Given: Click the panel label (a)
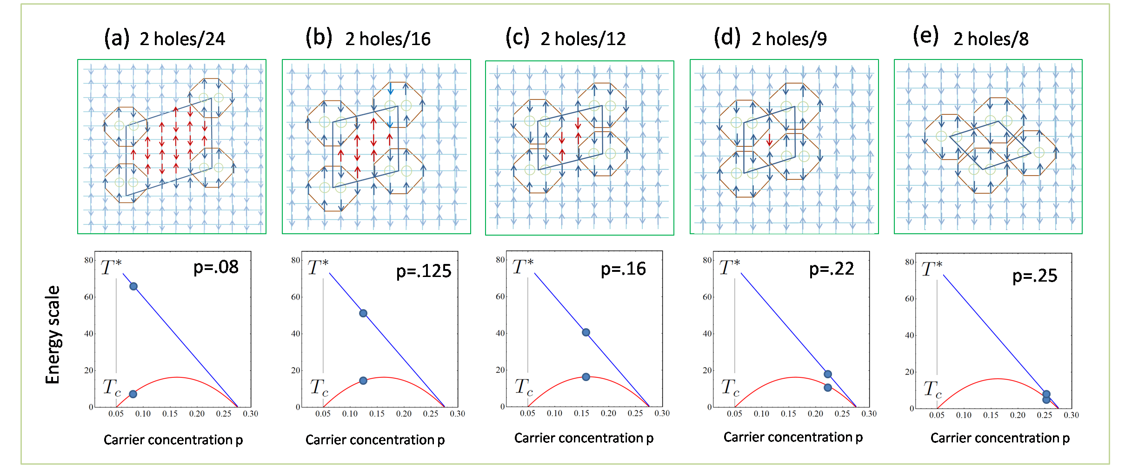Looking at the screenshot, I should (x=116, y=38).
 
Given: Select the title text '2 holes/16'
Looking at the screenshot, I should (x=387, y=39).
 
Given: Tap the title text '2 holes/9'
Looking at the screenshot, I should (x=789, y=39).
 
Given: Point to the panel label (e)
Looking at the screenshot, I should (x=925, y=36).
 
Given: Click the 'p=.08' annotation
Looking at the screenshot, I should (x=216, y=267).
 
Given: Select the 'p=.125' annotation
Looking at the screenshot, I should (x=423, y=271).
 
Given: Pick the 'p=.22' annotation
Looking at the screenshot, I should (x=831, y=269).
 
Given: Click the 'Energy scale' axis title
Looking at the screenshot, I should (x=53, y=335).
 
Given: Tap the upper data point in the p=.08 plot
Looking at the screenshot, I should (x=133, y=286).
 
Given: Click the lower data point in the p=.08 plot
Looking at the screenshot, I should (x=133, y=394).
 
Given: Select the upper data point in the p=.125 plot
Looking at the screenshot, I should (x=363, y=313).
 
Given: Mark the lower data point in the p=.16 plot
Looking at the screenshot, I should (x=586, y=377).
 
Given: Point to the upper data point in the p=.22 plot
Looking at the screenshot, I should (x=828, y=374).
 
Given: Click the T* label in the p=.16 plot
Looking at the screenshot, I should (x=523, y=267).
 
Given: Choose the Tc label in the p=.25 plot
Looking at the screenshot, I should (x=932, y=389).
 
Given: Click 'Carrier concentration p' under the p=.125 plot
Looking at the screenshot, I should (x=375, y=440).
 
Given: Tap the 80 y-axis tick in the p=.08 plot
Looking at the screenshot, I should (x=88, y=260).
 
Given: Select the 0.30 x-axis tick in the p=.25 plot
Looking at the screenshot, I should (x=1071, y=415).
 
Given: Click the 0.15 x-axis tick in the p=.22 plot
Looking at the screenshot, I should (x=788, y=414).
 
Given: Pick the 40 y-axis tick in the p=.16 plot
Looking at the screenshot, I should (x=500, y=333).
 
